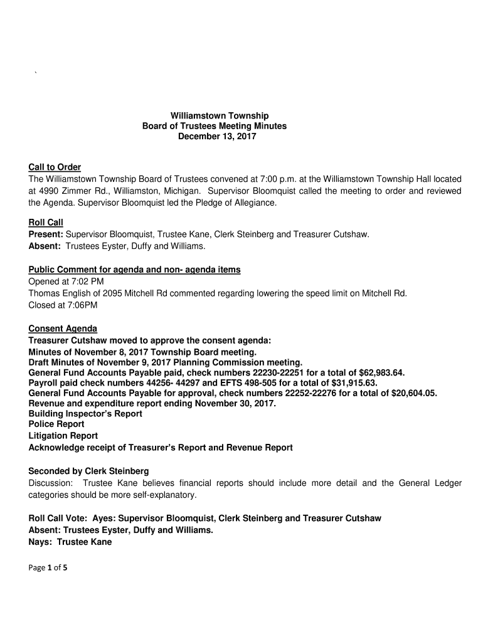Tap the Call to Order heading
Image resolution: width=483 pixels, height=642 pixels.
pos(55,167)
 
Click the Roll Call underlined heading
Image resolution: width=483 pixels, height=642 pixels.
pos(46,223)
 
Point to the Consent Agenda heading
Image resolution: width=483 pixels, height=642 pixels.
pos(63,329)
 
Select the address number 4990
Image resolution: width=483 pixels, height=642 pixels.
pos(50,191)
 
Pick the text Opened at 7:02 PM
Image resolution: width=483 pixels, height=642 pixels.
pos(66,282)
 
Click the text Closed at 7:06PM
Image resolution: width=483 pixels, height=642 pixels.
pos(63,305)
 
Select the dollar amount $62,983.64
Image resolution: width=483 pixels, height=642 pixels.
pos(381,372)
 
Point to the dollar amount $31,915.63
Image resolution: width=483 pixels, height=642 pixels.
pos(355,382)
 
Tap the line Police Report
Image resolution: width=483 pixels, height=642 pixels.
pos(56,424)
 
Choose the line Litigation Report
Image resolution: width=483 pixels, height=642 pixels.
pos(63,436)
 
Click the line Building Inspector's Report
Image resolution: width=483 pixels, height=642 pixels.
pos(85,414)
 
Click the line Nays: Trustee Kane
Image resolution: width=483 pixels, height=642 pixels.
pos(70,542)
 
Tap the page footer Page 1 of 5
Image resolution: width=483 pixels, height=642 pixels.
pos(48,569)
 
